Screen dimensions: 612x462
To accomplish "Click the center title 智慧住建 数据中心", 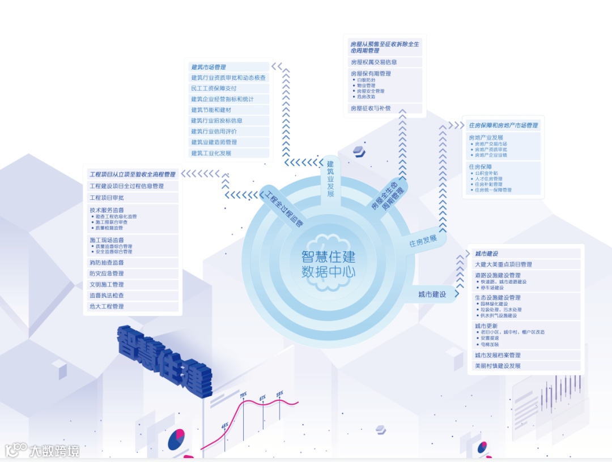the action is (328, 264).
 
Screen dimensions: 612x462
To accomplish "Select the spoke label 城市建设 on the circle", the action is (432, 294).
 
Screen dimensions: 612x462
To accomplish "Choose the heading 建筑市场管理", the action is (209, 67).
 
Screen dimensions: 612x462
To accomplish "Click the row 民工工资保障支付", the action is (214, 88).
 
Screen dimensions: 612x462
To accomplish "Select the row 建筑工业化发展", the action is (211, 153).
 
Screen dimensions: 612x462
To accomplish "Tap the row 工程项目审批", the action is (107, 198).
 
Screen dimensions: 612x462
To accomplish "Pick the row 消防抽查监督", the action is (107, 263).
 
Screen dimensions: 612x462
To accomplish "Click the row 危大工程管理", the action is (107, 306).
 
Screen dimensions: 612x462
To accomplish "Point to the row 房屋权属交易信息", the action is (373, 62).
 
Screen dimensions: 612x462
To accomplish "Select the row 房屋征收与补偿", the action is (371, 108).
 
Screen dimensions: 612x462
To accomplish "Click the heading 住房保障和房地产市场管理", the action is (503, 125).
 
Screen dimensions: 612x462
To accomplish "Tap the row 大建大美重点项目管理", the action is (503, 264).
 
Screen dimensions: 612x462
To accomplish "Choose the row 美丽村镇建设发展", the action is (498, 366).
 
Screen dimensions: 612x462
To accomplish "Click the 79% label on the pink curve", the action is (243, 395).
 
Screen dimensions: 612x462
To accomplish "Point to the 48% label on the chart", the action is (225, 425).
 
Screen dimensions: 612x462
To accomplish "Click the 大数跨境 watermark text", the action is (54, 451).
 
